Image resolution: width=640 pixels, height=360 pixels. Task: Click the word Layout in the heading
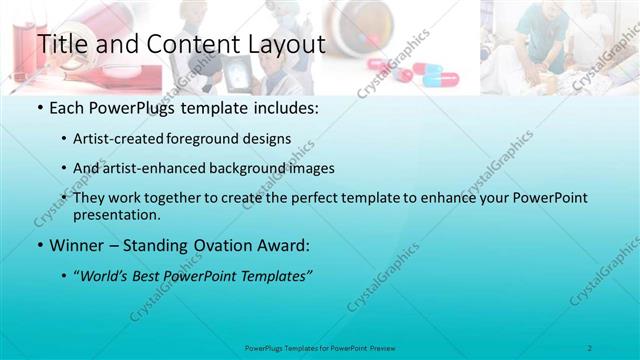286,45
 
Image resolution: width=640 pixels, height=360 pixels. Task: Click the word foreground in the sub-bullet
212,139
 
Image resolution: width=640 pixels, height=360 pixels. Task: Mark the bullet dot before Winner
39,246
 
